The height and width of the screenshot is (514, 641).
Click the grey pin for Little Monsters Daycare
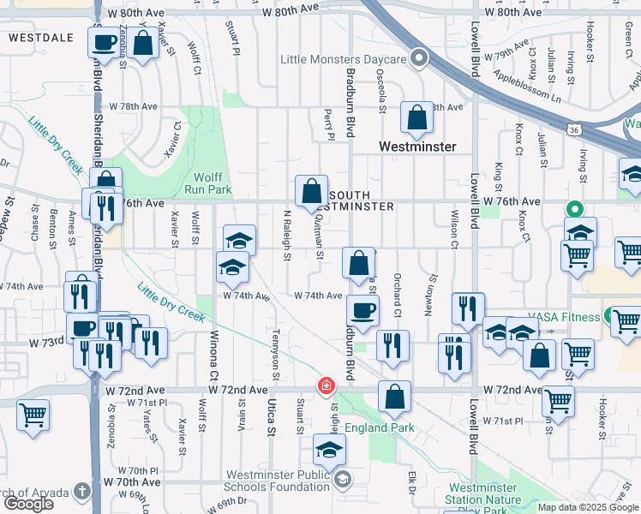tap(419, 58)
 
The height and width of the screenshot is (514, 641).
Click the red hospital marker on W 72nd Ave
tap(326, 387)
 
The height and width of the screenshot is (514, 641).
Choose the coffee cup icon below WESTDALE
tap(105, 43)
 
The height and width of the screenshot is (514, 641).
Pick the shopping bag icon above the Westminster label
tap(416, 121)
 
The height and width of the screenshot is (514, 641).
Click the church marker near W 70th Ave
tap(81, 491)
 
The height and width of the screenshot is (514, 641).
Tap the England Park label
tap(380, 427)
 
